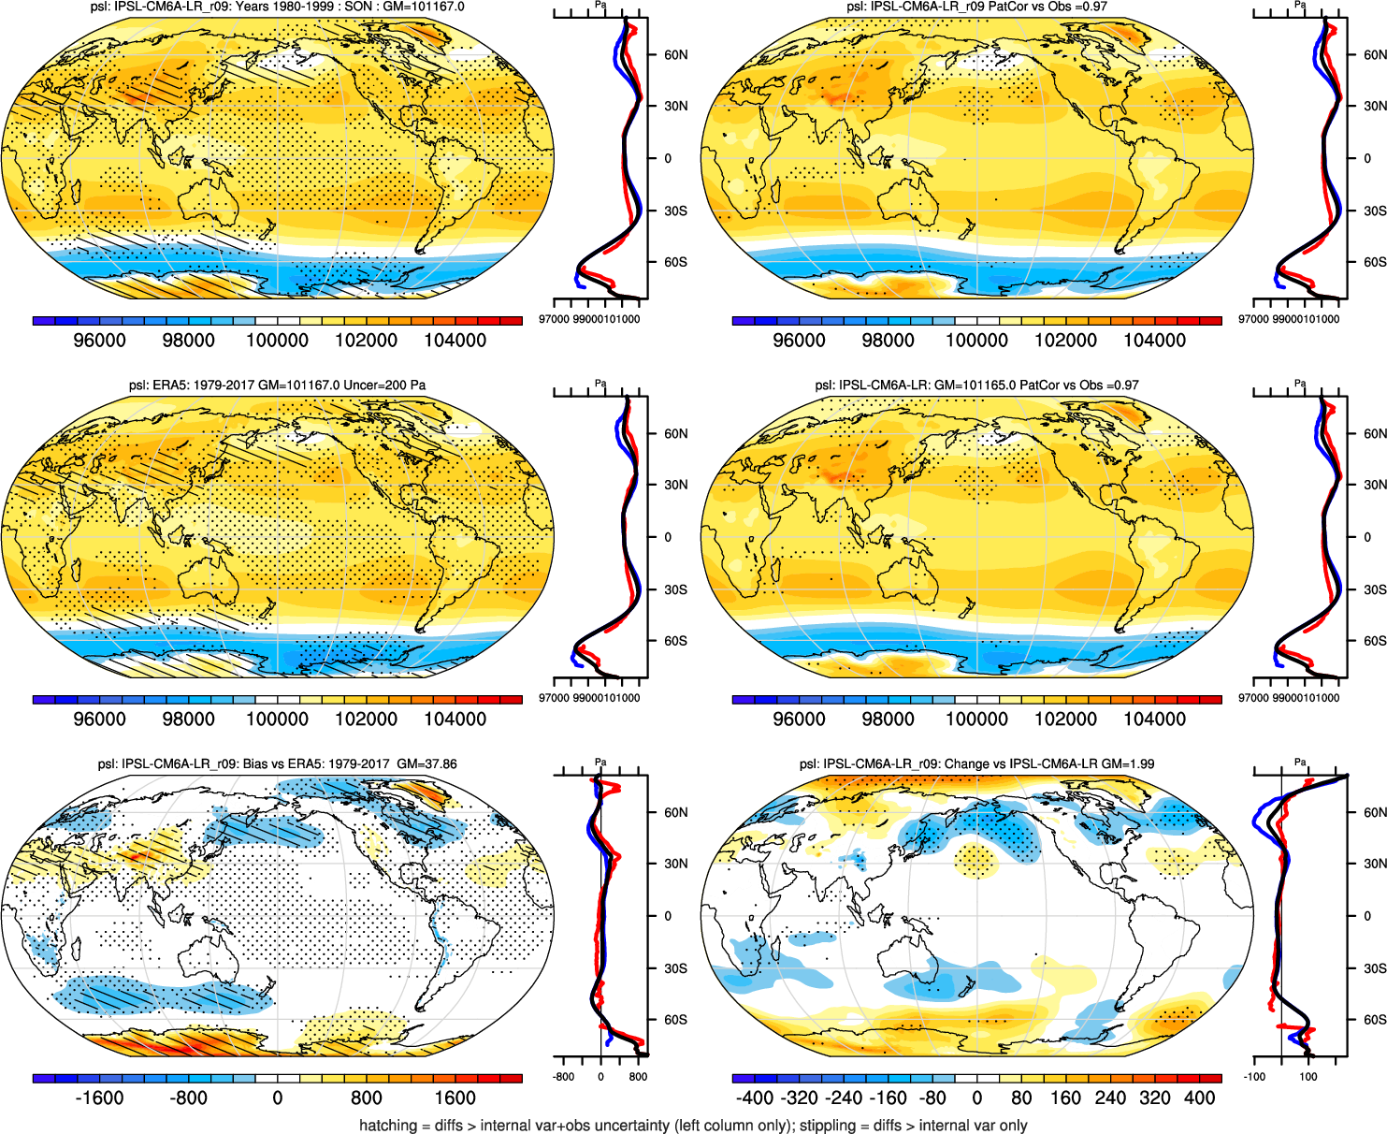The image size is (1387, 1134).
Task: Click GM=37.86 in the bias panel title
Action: tap(426, 764)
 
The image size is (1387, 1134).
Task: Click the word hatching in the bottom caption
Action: tap(388, 1126)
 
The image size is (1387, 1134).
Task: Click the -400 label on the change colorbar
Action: tap(754, 1098)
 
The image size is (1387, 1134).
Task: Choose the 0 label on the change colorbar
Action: tap(976, 1098)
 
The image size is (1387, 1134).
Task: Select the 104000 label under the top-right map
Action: tap(1154, 341)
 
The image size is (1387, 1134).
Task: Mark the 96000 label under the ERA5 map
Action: tap(99, 720)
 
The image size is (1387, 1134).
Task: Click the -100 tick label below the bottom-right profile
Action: tap(1254, 1077)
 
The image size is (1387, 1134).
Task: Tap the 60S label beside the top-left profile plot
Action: tap(675, 262)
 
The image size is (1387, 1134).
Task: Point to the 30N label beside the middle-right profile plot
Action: tap(1375, 485)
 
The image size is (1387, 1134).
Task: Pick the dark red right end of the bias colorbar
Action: tap(512, 1079)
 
